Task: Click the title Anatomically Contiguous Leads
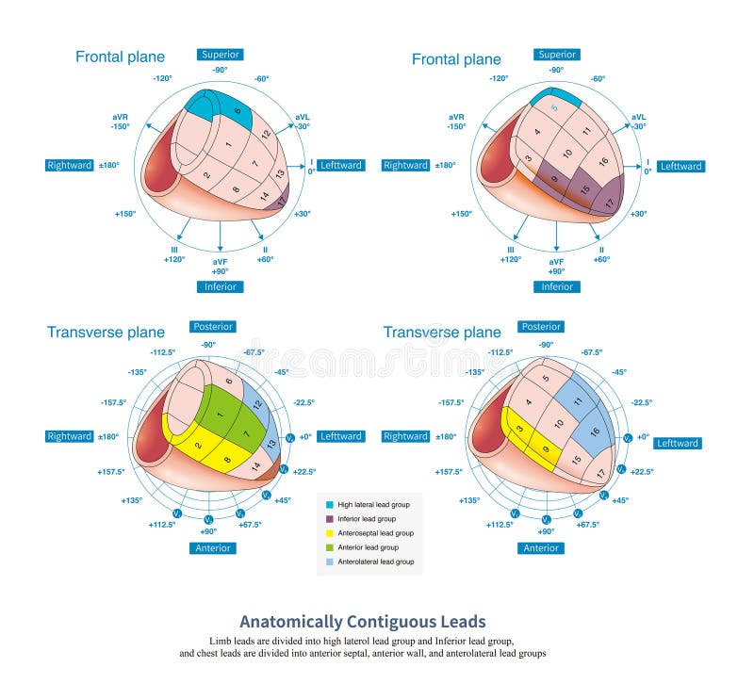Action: (363, 621)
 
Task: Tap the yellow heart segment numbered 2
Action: (198, 445)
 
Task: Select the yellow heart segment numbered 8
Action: (228, 461)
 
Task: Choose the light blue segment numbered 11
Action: (579, 400)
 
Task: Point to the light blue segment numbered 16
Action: (595, 431)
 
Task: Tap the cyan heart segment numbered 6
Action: (238, 111)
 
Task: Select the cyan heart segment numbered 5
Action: (555, 107)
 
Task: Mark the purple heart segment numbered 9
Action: (553, 178)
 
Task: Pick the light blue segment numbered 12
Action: (257, 404)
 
